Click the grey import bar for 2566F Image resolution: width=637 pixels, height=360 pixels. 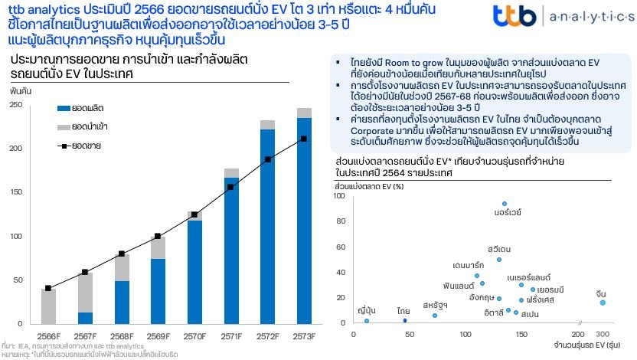point(48,306)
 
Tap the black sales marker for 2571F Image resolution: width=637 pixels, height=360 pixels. point(230,187)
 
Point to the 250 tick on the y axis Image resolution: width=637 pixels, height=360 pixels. point(16,105)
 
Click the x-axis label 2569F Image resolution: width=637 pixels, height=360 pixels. point(158,335)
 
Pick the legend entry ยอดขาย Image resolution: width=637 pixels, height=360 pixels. point(87,143)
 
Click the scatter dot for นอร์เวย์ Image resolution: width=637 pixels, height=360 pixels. point(504,205)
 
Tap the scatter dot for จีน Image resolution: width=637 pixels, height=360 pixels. point(603,303)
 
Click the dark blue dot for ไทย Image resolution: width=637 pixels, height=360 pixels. point(404,319)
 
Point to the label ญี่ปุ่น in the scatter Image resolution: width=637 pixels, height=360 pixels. point(367,310)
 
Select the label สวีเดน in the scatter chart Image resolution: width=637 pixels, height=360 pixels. point(498,249)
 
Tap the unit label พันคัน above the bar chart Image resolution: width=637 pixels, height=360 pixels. point(20,90)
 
